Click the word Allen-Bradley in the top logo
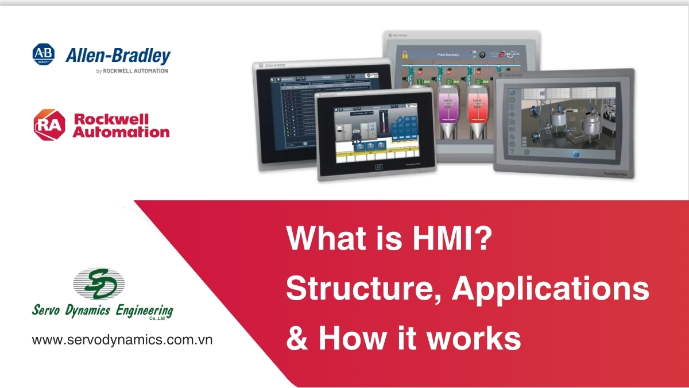[118, 56]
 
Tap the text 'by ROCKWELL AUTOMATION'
[132, 71]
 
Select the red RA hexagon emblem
[50, 125]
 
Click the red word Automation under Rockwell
[121, 133]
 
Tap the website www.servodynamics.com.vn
[122, 339]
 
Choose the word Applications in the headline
[551, 288]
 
